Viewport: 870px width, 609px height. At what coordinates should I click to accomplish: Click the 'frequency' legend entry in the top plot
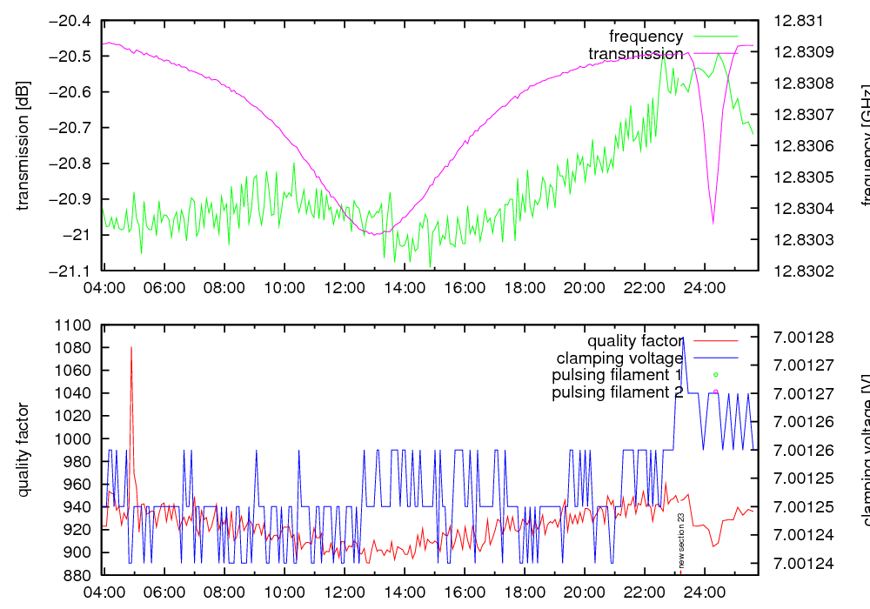(646, 37)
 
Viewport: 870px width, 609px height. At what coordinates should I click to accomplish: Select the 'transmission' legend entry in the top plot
(636, 54)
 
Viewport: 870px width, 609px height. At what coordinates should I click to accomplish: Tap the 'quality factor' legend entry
(635, 340)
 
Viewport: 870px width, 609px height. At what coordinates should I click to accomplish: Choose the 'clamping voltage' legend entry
(619, 358)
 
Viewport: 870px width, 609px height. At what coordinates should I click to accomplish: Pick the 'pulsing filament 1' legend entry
(617, 375)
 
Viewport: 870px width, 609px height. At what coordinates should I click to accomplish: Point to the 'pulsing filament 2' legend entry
(617, 392)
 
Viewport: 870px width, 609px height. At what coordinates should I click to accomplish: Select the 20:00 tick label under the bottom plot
(583, 592)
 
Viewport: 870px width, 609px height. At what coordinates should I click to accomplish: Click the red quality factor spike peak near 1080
(131, 348)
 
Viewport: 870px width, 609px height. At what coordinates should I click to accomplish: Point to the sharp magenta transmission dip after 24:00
(713, 222)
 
